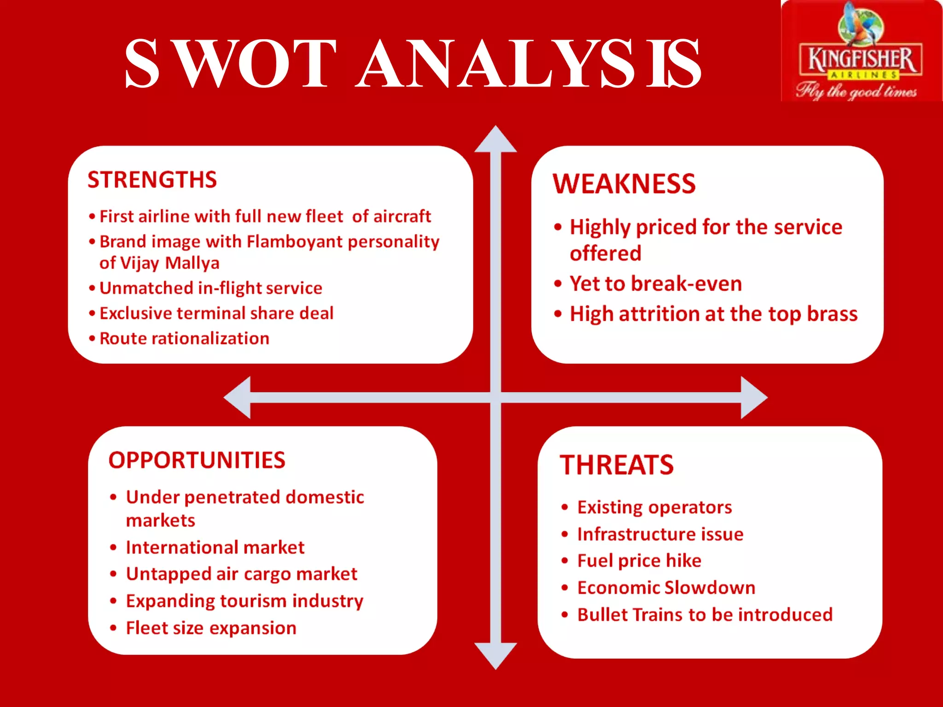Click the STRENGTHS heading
click(x=152, y=180)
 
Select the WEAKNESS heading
click(x=624, y=184)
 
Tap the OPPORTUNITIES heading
click(x=197, y=460)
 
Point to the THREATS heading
click(x=617, y=465)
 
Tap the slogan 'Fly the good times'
click(x=856, y=91)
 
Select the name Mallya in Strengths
click(x=192, y=263)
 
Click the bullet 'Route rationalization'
click(x=184, y=339)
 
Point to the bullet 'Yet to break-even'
click(x=655, y=284)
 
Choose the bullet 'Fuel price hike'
click(x=639, y=561)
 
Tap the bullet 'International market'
click(x=215, y=548)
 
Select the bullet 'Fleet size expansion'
click(x=211, y=628)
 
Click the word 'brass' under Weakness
click(x=832, y=314)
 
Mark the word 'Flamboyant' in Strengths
click(x=295, y=242)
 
